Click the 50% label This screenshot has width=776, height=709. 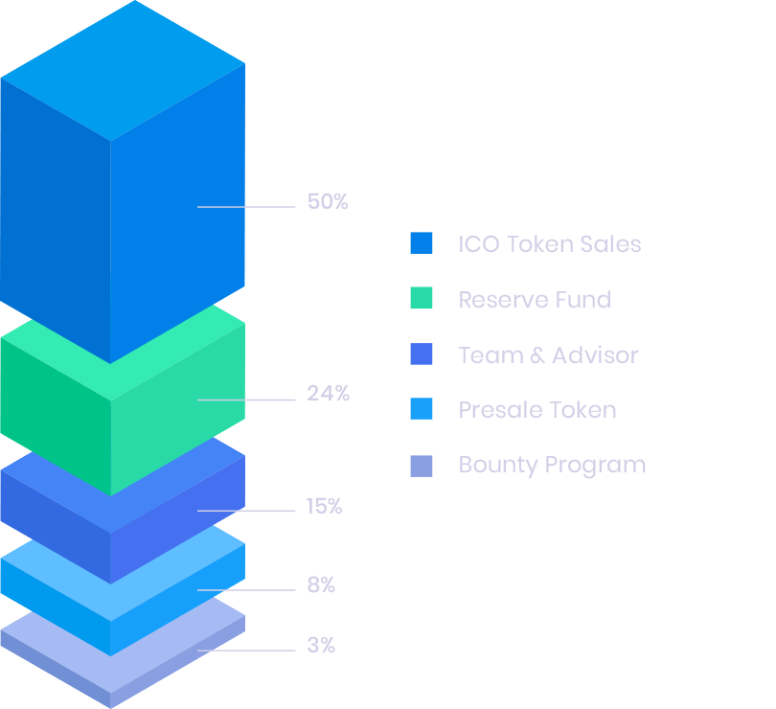click(328, 202)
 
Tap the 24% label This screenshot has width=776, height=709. click(328, 393)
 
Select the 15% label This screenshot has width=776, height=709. click(324, 506)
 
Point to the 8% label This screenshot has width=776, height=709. click(321, 585)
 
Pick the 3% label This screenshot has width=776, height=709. click(321, 646)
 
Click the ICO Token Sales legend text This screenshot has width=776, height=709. click(549, 244)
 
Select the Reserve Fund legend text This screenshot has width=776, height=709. click(534, 300)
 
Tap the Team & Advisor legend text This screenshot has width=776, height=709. click(548, 355)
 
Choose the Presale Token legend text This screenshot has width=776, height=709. click(536, 410)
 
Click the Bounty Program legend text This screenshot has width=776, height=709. click(552, 466)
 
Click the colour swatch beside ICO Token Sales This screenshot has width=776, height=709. click(421, 243)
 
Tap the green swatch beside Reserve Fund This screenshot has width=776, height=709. click(421, 299)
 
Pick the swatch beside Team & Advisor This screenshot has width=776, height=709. click(421, 354)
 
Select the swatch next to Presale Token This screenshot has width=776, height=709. click(421, 410)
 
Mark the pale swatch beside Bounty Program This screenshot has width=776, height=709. click(421, 466)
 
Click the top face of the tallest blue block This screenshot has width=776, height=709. click(123, 69)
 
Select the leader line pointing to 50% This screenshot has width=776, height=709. click(246, 207)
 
